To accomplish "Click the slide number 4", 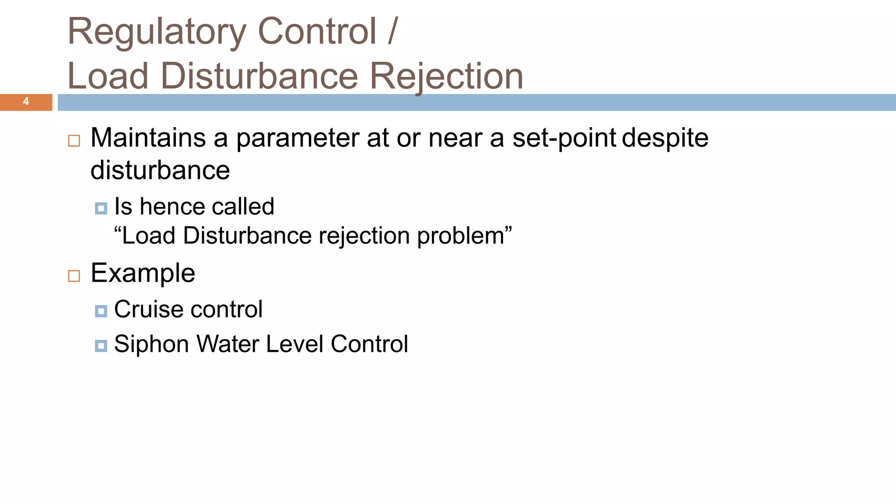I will click(x=26, y=101).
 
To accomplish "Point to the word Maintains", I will click(x=148, y=138).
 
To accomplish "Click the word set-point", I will click(x=564, y=139).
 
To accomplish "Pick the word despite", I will click(x=665, y=139).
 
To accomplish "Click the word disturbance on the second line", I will click(x=160, y=170).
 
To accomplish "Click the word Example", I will click(x=143, y=274).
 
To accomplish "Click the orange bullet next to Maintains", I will click(x=74, y=141).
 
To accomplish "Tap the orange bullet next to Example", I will click(x=74, y=276).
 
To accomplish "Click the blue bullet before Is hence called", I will click(x=101, y=209).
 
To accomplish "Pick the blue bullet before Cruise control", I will click(x=101, y=311).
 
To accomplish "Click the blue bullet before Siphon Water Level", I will click(x=101, y=346).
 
